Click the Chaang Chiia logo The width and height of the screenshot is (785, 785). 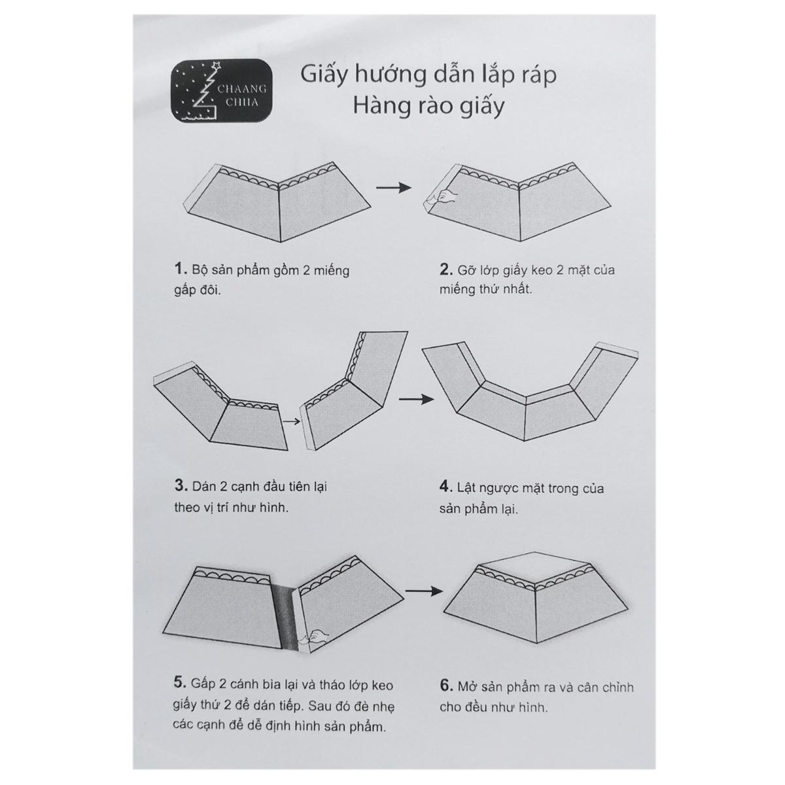click(222, 90)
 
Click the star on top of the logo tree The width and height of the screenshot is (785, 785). click(217, 65)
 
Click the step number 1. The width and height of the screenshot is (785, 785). click(180, 269)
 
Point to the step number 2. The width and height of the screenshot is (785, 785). click(445, 269)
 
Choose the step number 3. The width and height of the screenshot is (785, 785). click(181, 485)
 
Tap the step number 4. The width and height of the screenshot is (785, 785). click(445, 487)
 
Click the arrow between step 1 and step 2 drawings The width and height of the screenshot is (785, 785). click(394, 187)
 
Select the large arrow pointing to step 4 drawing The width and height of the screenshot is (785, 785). click(416, 399)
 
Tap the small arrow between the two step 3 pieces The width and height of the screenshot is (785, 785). click(291, 421)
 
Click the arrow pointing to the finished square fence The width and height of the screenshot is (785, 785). click(424, 590)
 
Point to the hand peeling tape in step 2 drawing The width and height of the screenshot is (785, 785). click(445, 196)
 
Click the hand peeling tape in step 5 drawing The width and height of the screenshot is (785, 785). click(317, 635)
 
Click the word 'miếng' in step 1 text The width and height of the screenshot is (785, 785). click(331, 270)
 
